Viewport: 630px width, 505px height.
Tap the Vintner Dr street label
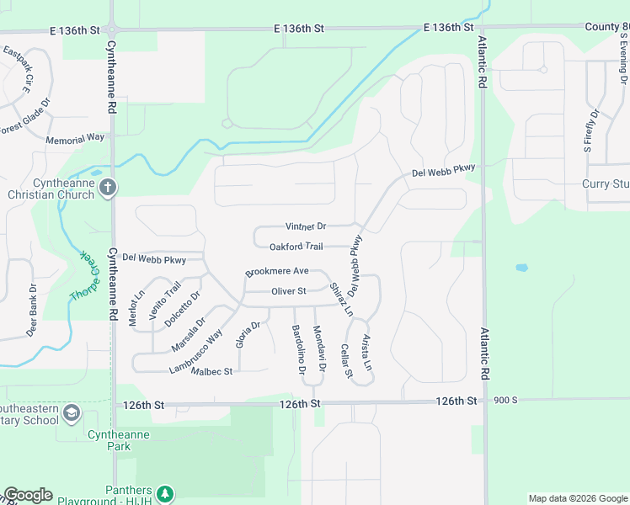306,226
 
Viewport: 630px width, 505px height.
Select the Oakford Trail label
296,247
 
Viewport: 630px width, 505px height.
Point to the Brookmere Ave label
277,272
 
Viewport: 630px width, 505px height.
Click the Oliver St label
288,291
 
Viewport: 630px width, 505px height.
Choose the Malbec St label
211,371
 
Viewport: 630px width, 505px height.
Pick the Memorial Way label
75,136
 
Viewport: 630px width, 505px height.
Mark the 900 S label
505,400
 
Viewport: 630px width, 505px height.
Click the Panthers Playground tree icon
166,492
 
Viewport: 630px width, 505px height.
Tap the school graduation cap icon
72,412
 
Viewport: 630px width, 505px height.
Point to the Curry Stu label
606,183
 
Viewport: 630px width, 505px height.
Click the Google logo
28,495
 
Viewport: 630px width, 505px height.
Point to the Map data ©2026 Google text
577,498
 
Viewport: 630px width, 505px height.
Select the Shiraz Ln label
340,299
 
